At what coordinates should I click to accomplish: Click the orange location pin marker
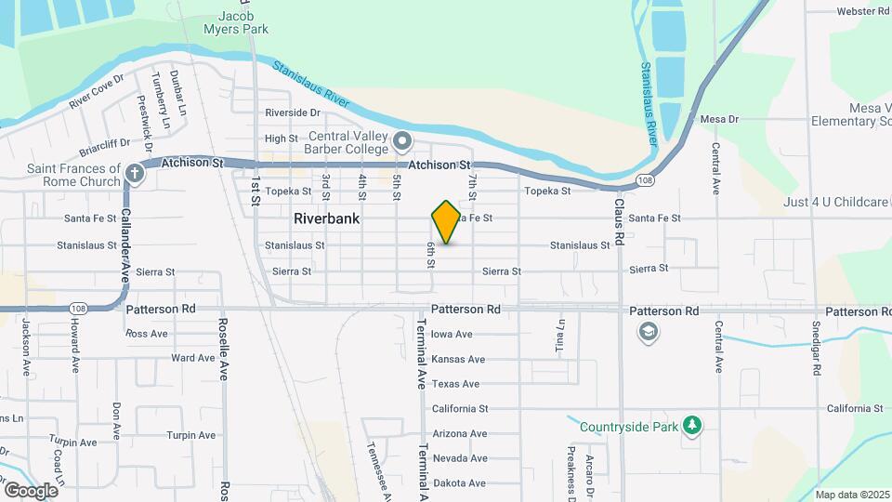click(446, 221)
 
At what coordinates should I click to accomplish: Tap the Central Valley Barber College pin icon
click(402, 141)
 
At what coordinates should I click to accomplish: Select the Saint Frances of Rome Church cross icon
click(136, 173)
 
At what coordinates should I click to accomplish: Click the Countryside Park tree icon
click(691, 426)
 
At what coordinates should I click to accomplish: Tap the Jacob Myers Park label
click(243, 22)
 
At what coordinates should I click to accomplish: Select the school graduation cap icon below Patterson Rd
click(646, 331)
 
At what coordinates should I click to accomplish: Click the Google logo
click(30, 490)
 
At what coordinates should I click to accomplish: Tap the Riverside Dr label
click(292, 112)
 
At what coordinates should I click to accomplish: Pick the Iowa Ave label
click(452, 335)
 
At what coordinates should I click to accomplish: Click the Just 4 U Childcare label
click(835, 202)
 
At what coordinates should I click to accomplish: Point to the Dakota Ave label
click(459, 483)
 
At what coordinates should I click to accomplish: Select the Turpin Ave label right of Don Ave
click(190, 435)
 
